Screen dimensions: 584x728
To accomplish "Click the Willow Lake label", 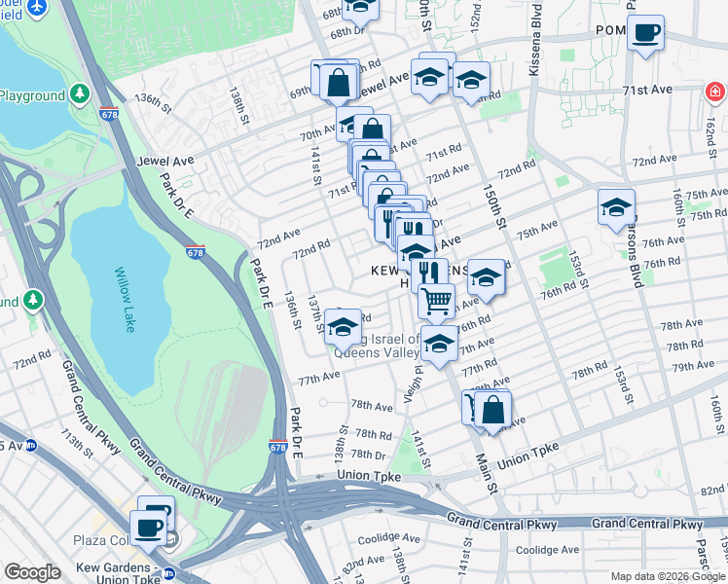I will (124, 299).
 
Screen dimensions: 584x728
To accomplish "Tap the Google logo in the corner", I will (31, 572).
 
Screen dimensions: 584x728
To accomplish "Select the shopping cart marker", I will (437, 301).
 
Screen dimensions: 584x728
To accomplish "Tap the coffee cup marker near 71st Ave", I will (644, 34).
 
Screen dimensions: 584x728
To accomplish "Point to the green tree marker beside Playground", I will (79, 93).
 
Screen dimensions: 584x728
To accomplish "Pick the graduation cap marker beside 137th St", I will (343, 328).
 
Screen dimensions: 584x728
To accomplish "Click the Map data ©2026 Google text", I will (667, 576).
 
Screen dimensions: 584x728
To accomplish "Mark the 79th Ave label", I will (692, 366).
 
